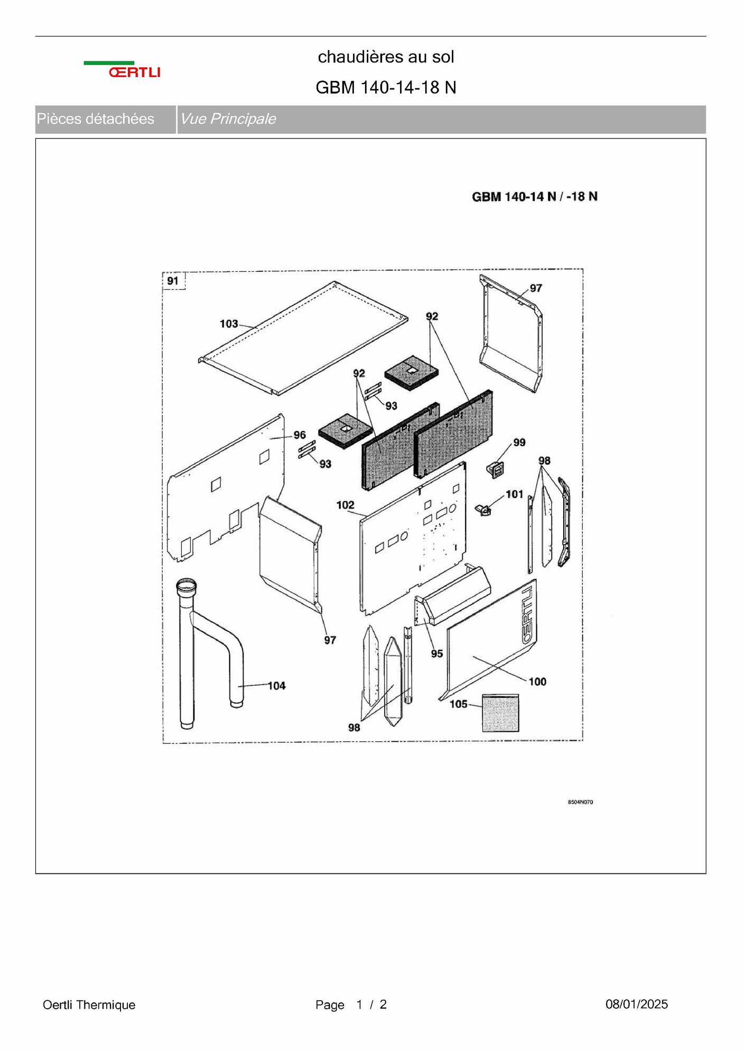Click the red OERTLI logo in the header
tap(135, 72)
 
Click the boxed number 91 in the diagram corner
tap(173, 281)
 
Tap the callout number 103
tap(229, 324)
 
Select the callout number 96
tap(300, 435)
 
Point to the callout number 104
tap(276, 686)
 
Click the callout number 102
tap(345, 505)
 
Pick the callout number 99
tap(519, 442)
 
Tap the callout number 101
tap(514, 494)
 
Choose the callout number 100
tap(537, 681)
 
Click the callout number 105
tap(459, 704)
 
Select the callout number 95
tap(436, 653)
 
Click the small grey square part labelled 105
tap(500, 713)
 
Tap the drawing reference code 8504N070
tap(580, 802)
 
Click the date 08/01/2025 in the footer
tap(637, 1005)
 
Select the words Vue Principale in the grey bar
tap(228, 119)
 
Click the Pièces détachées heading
tap(95, 119)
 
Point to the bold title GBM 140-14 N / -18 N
tap(535, 197)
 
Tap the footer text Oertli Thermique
tap(89, 1005)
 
